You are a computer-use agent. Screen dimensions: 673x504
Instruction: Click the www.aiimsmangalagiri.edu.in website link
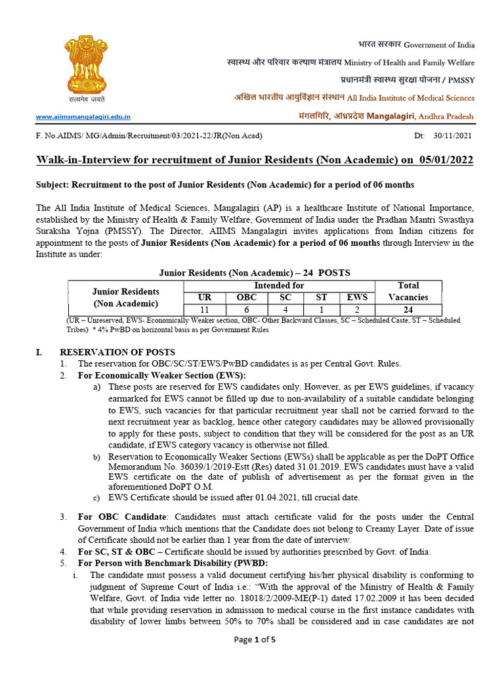83,117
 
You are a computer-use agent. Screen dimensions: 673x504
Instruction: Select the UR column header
205,297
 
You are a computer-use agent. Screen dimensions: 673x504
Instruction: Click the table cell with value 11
205,309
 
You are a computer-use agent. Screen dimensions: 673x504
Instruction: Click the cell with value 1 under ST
322,309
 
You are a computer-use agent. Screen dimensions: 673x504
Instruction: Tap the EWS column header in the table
357,297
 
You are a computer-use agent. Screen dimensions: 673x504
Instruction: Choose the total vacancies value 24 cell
408,309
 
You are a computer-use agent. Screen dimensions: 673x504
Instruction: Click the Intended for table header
279,285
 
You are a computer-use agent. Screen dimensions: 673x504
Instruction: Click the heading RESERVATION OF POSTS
127,352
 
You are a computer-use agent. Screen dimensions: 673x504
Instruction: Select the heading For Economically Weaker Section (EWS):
161,375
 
